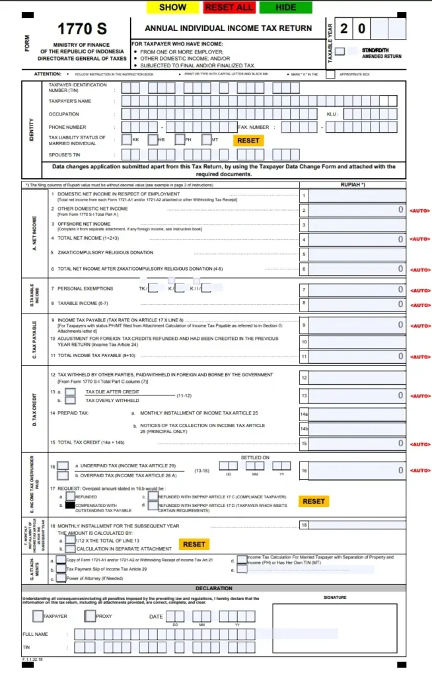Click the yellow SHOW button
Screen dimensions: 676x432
[173, 7]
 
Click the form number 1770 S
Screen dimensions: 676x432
[82, 29]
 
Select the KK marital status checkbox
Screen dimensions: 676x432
[127, 140]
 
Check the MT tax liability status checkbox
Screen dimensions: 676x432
[205, 140]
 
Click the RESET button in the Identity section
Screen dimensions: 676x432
[248, 141]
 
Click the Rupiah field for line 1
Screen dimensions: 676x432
[357, 195]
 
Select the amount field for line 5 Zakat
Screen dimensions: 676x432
[357, 253]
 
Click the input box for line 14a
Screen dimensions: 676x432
[357, 413]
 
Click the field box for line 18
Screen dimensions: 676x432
[357, 525]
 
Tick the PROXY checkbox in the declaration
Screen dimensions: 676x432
[90, 616]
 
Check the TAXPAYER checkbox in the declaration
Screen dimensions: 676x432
[38, 616]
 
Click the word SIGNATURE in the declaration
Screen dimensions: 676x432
[334, 597]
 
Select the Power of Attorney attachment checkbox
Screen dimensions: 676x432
[61, 579]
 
